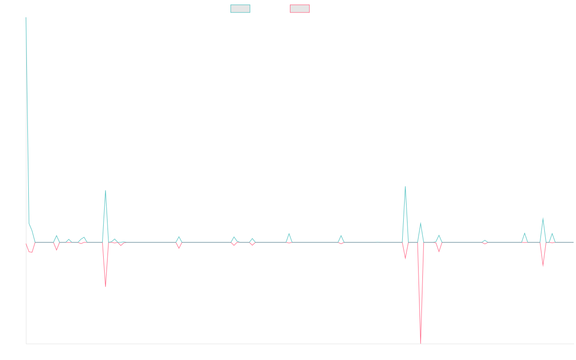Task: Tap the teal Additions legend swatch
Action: pyautogui.click(x=241, y=9)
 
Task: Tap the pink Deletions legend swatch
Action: pyautogui.click(x=300, y=9)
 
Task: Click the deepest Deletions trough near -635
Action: pyautogui.click(x=420, y=343)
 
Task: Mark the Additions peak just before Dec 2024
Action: pyautogui.click(x=406, y=187)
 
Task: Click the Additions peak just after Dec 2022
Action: pyautogui.click(x=105, y=191)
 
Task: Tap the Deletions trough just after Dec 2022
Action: pyautogui.click(x=105, y=287)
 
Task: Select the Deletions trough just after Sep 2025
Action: pyautogui.click(x=543, y=266)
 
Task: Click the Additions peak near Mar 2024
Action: pyautogui.click(x=289, y=234)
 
